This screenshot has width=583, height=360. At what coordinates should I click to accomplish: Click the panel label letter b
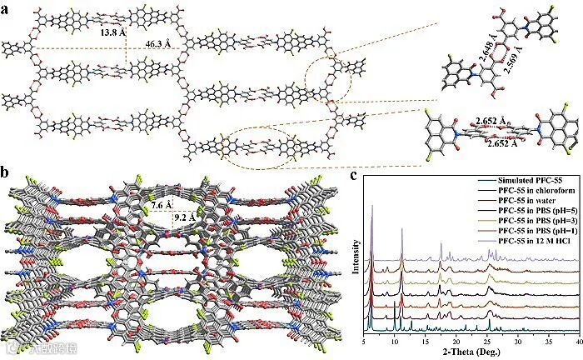point(7,174)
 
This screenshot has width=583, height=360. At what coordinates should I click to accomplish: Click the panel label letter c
point(355,174)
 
